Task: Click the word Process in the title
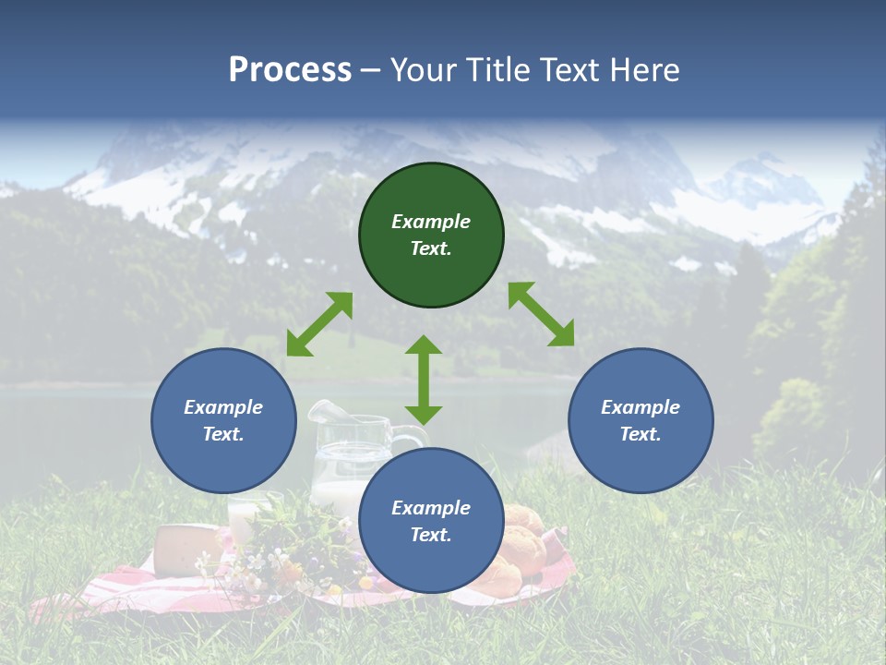click(x=290, y=70)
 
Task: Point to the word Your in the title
click(x=424, y=70)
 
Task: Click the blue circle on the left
click(x=223, y=420)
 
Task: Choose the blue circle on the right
click(x=641, y=420)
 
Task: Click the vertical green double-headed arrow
click(x=424, y=380)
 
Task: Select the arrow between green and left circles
click(x=319, y=323)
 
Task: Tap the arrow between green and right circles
click(x=542, y=314)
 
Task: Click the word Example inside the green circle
click(x=431, y=222)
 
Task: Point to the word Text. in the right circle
click(x=641, y=434)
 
